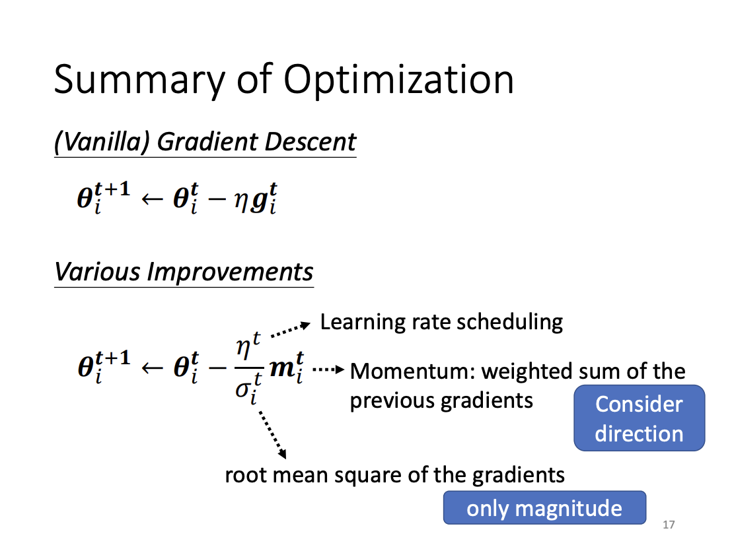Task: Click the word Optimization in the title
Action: click(x=398, y=81)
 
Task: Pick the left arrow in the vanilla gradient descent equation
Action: click(x=152, y=200)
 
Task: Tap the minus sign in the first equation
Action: click(x=217, y=200)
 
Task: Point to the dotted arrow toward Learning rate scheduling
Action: click(x=291, y=329)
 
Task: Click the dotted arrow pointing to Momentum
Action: click(x=328, y=370)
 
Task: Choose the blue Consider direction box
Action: click(x=639, y=418)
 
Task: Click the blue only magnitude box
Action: click(x=544, y=507)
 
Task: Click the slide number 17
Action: click(x=669, y=525)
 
